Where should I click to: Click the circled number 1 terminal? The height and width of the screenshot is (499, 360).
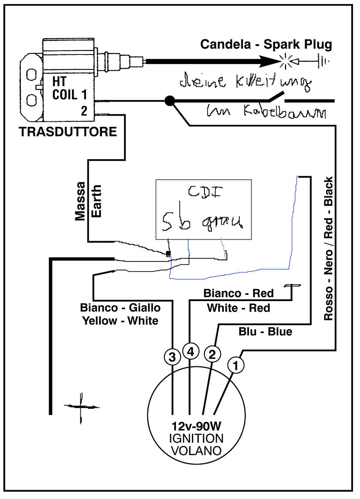[236, 366]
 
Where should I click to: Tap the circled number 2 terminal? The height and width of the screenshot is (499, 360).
[212, 354]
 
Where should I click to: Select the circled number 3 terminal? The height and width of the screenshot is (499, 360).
[172, 356]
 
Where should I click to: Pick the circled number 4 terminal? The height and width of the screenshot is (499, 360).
[190, 352]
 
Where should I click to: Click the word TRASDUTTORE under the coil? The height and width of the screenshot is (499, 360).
[68, 132]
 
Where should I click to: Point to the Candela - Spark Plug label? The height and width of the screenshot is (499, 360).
[267, 44]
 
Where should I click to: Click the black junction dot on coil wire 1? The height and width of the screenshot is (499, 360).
[169, 100]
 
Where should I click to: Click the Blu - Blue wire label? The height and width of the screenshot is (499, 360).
[265, 331]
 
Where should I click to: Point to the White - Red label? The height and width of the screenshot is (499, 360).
[238, 308]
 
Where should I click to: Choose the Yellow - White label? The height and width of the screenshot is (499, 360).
[120, 321]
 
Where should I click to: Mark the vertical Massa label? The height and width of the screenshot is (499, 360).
[80, 201]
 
